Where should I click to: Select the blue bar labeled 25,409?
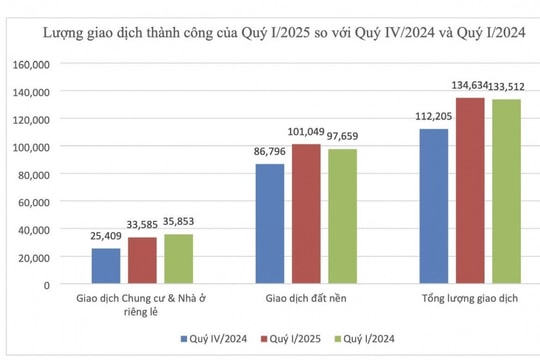pyautogui.click(x=106, y=266)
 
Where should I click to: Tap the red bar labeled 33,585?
pyautogui.click(x=142, y=260)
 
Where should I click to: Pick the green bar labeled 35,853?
pyautogui.click(x=178, y=259)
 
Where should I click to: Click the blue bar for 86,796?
pyautogui.click(x=270, y=224)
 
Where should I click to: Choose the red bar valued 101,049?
pyautogui.click(x=306, y=214)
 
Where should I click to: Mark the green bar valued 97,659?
pyautogui.click(x=342, y=217)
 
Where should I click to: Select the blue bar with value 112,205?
pyautogui.click(x=434, y=206)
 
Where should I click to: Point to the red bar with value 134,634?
pyautogui.click(x=470, y=191)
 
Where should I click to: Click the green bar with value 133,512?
pyautogui.click(x=506, y=192)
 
